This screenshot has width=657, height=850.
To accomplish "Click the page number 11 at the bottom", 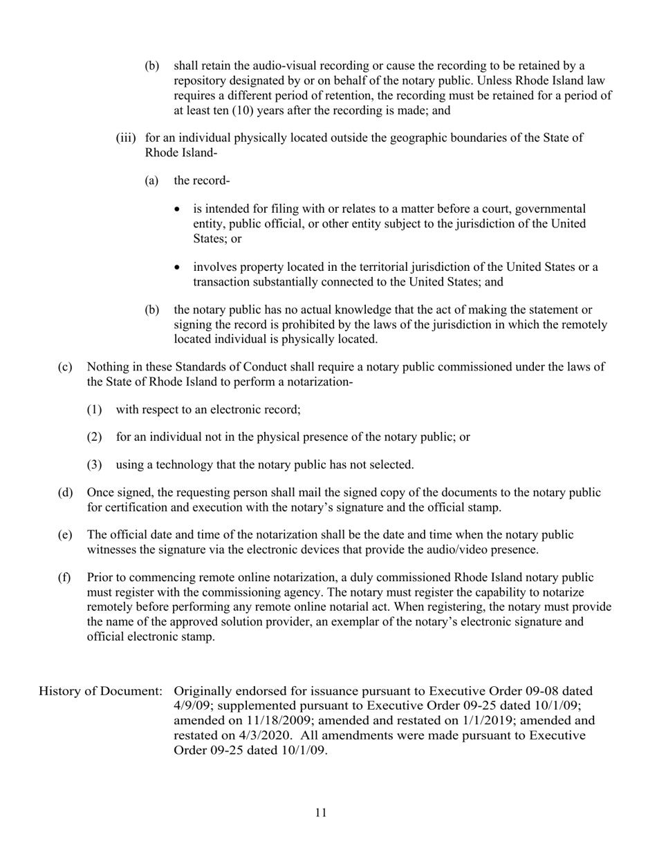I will pos(320,813).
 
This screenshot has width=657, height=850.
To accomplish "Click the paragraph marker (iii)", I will pos(125,138).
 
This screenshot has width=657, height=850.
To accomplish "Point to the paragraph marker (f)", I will pos(64,577).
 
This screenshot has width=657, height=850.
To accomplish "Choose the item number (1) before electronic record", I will pos(95,409).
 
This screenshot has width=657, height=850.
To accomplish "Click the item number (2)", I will pos(95,437).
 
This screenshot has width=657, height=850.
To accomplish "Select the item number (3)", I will pos(95,464).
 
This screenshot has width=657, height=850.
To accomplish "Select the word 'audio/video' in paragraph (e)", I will pos(447,549).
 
